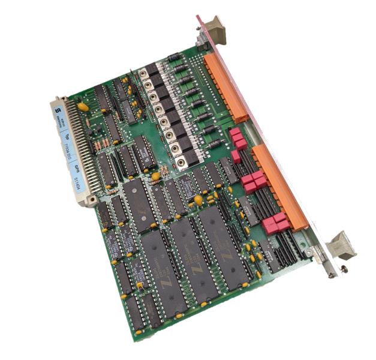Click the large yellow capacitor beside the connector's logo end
(83, 106)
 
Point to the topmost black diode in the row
(174, 58)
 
